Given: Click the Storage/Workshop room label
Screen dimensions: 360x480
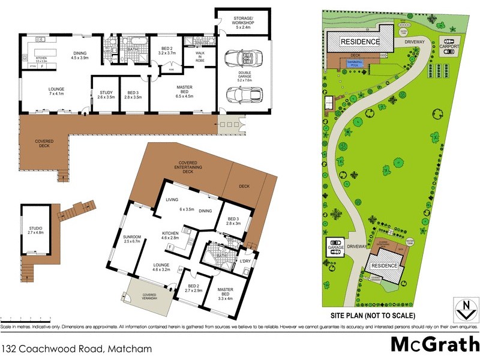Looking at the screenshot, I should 242,22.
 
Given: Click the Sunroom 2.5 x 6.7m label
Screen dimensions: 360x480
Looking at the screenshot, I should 131,239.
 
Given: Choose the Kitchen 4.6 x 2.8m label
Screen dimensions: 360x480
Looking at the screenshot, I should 175,236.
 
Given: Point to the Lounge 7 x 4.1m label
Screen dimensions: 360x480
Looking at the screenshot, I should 57,92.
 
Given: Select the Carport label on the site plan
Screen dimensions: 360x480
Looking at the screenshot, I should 449,46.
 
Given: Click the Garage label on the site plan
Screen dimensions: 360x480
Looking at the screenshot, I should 335,246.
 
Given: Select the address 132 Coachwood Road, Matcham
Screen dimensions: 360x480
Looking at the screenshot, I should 76,347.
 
